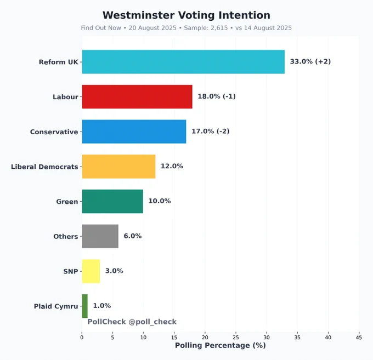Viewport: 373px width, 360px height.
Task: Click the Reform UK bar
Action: tap(183, 61)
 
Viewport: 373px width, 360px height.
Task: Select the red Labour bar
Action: tap(137, 96)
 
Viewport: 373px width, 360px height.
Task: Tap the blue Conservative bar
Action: tap(134, 132)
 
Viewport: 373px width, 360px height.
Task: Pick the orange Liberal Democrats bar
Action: tap(118, 167)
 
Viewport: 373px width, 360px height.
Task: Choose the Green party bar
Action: tap(112, 201)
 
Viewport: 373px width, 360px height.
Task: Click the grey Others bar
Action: tap(100, 236)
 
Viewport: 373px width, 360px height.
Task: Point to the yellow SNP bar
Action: tap(91, 271)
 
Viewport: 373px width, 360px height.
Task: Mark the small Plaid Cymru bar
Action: tap(84, 306)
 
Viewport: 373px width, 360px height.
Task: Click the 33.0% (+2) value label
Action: tap(310, 61)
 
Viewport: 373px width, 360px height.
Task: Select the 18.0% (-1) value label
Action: tap(217, 96)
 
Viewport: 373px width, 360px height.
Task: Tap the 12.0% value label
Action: tap(172, 167)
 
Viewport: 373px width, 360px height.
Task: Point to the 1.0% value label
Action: tap(101, 306)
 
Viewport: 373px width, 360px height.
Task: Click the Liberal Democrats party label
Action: tap(44, 167)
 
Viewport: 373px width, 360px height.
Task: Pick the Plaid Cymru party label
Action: tap(56, 306)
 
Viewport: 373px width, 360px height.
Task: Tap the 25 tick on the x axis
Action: tap(236, 338)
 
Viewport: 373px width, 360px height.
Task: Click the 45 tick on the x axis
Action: tap(359, 338)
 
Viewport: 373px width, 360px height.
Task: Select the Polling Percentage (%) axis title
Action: tap(220, 346)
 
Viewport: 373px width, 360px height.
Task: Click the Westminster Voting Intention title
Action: tap(187, 15)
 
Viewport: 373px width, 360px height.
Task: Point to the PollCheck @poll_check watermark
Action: tap(132, 322)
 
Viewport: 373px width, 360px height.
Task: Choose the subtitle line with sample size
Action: tap(187, 27)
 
